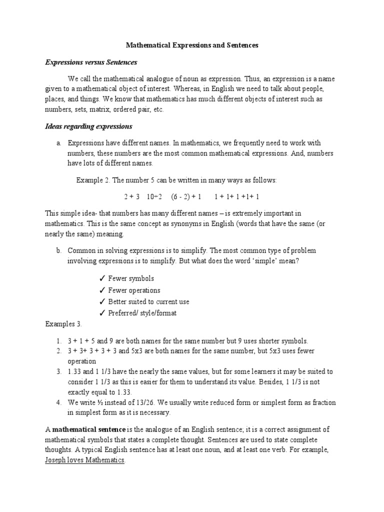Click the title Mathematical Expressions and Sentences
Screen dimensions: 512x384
pos(192,45)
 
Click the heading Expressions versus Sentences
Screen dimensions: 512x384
pos(91,62)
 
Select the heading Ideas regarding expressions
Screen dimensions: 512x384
pos(88,126)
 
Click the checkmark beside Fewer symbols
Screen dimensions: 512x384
pos(102,278)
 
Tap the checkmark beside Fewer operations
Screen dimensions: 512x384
pos(102,290)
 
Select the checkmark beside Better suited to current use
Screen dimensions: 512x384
pos(102,302)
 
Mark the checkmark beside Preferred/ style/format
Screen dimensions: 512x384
pos(102,313)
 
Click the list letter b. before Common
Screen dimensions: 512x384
pos(59,250)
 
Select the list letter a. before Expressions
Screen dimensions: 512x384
pos(59,143)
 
